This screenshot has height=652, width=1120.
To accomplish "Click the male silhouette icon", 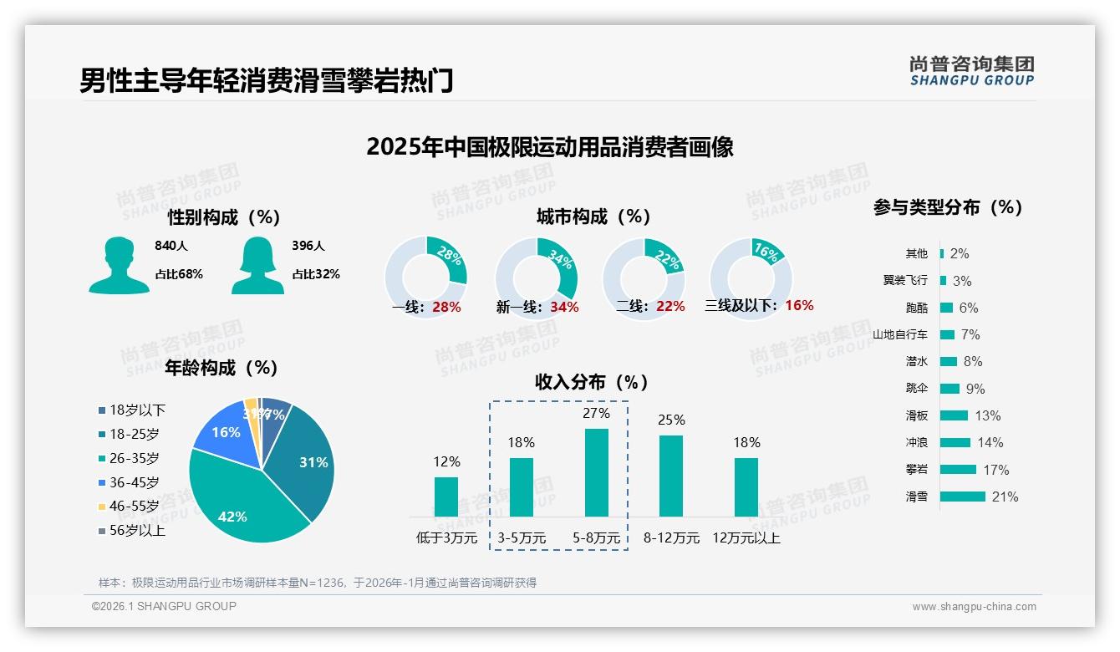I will [x=119, y=265].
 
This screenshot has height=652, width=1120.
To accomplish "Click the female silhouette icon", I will [x=257, y=265].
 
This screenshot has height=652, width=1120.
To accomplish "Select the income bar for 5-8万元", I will [x=596, y=472].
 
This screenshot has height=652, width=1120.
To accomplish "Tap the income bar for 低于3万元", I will [x=446, y=497].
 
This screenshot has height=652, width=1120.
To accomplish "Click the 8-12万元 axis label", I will [x=671, y=538].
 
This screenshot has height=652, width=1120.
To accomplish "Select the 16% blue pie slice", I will [x=223, y=430].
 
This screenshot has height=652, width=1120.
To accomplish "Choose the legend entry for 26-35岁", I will [x=134, y=458].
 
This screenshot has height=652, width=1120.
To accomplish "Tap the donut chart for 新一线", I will [x=536, y=278].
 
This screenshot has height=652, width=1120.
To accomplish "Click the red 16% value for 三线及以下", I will [x=799, y=305].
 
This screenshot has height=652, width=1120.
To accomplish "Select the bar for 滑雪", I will [x=962, y=497].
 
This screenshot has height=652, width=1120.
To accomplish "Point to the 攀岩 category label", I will [x=916, y=470].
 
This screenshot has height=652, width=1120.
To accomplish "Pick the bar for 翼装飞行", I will [x=943, y=281].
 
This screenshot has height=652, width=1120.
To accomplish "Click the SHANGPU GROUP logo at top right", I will [x=971, y=71].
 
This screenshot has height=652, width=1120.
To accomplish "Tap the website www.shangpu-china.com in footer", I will [x=974, y=607].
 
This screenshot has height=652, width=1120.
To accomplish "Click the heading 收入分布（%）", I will [x=592, y=382].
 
